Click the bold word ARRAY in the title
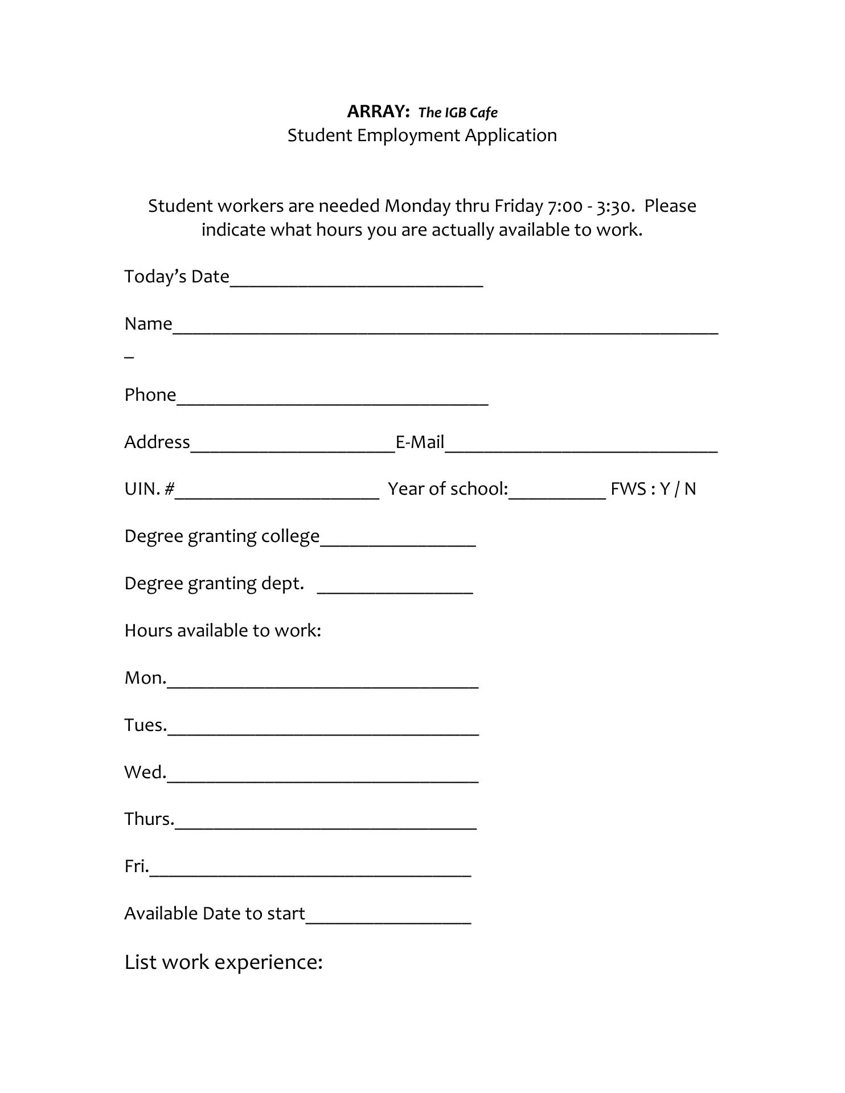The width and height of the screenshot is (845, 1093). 378,112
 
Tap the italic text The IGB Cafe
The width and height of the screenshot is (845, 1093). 458,112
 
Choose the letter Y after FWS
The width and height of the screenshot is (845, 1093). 664,489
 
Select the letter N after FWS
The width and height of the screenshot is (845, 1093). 690,489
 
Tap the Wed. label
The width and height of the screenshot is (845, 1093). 145,772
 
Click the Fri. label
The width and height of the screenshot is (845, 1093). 136,866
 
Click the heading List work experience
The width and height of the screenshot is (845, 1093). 223,961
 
